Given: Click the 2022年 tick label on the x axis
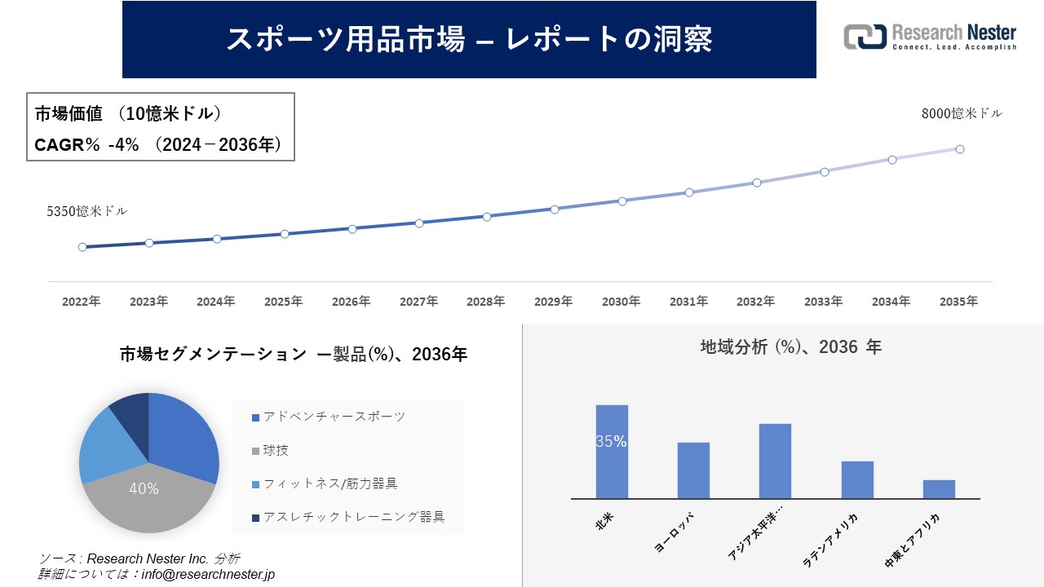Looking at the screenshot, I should pos(82,302).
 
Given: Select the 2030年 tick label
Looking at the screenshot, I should pos(622,302).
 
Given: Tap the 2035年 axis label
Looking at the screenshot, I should pos(958,302).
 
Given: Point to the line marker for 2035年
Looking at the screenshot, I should pos(960,149).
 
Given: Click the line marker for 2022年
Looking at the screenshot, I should pos(82,247).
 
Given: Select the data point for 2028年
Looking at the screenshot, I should pos(487,217).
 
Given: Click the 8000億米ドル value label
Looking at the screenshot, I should pos(962,114).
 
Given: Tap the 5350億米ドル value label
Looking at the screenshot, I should pos(86,211).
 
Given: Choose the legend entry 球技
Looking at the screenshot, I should pos(275,450).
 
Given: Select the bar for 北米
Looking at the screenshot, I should pos(612,452).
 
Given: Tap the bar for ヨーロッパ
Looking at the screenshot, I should pos(693,470).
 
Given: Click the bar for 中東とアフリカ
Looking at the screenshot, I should pos(939,489).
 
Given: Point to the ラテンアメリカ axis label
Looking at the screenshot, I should pos(832,538).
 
